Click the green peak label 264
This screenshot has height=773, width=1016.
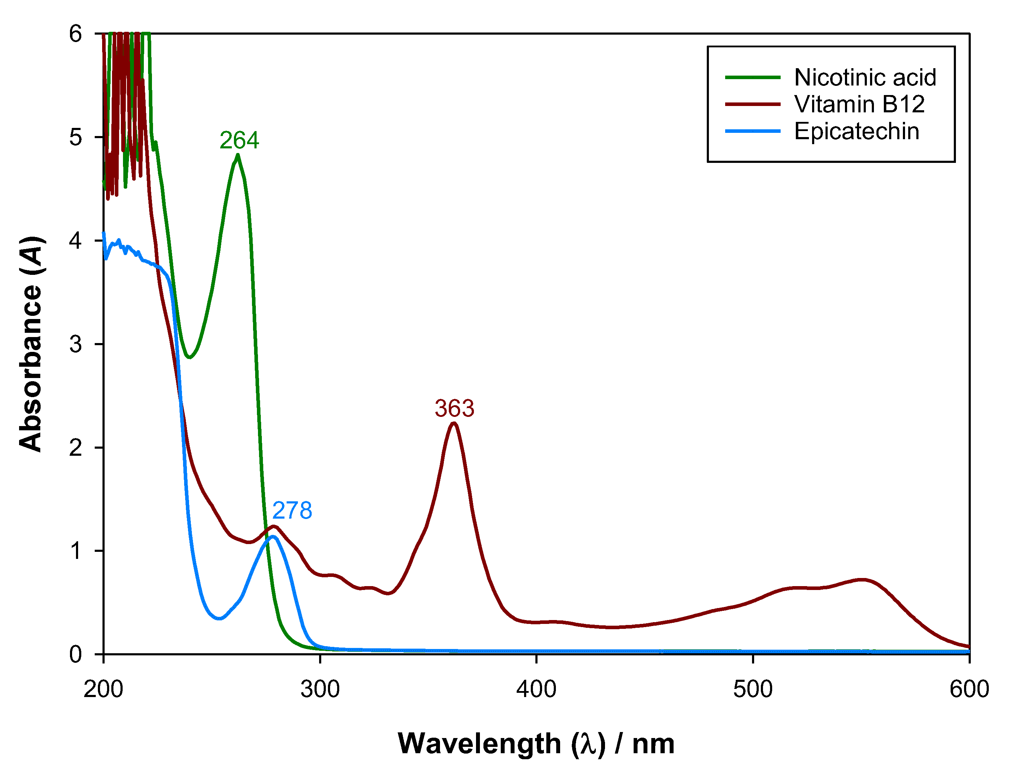(x=239, y=140)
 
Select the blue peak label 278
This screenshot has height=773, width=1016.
(x=292, y=511)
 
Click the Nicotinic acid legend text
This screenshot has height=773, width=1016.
(x=865, y=77)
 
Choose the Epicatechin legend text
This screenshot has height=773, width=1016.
(x=857, y=131)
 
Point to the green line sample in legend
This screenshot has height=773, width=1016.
(x=753, y=77)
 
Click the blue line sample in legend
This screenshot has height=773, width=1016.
(x=753, y=131)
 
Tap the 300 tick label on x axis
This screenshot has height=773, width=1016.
(x=320, y=689)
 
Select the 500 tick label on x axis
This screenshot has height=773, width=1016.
(x=753, y=689)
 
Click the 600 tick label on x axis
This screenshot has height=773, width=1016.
(x=969, y=689)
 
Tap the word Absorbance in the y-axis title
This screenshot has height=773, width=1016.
(x=30, y=368)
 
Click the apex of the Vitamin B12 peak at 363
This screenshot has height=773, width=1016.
(x=454, y=423)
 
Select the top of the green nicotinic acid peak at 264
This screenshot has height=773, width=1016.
(x=237, y=155)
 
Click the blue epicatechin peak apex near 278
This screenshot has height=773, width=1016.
(x=273, y=536)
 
